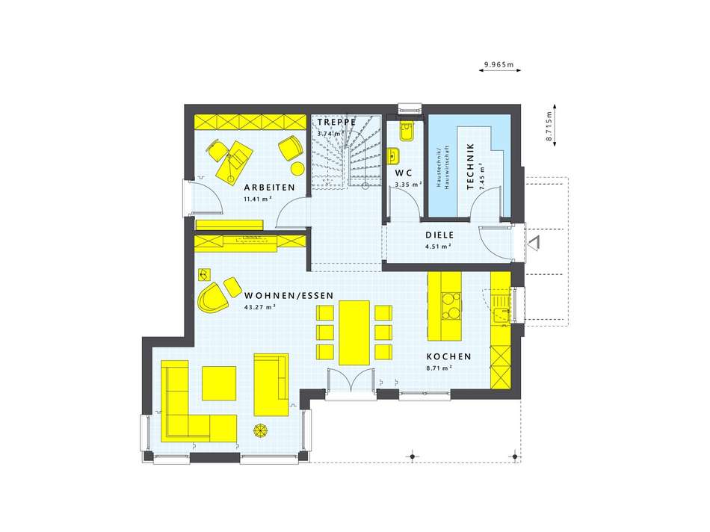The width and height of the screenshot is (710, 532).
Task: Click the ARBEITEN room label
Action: pyautogui.click(x=269, y=188)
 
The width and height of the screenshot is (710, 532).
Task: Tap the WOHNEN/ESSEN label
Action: pyautogui.click(x=289, y=296)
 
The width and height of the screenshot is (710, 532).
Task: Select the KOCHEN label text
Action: pyautogui.click(x=448, y=356)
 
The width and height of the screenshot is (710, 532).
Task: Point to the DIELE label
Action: pyautogui.click(x=439, y=235)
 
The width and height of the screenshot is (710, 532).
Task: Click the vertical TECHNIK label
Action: pyautogui.click(x=470, y=166)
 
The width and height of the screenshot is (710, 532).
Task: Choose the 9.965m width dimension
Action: pyautogui.click(x=499, y=65)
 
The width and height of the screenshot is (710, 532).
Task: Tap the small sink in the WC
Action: pyautogui.click(x=393, y=155)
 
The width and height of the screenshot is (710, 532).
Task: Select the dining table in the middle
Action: pyautogui.click(x=354, y=332)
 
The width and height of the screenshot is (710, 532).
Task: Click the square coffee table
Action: pyautogui.click(x=219, y=383)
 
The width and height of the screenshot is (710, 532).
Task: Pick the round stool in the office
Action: pyautogui.click(x=297, y=168)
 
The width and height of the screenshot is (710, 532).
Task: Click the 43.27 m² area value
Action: pyautogui.click(x=260, y=306)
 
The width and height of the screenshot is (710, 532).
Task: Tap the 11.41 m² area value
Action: pyautogui.click(x=258, y=199)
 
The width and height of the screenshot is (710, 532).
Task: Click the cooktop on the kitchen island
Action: pyautogui.click(x=451, y=306)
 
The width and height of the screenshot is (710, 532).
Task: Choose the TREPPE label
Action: pyautogui.click(x=336, y=123)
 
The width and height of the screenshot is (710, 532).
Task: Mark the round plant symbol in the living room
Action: pyautogui.click(x=262, y=430)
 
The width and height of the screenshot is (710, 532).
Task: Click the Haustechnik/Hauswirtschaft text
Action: pyautogui.click(x=442, y=167)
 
